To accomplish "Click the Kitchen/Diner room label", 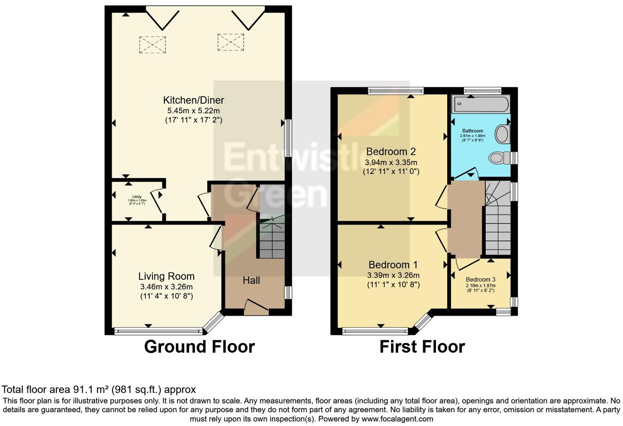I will [x=193, y=100].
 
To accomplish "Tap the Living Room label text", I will [x=166, y=276].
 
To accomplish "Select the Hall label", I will [x=251, y=281].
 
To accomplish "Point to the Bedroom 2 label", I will [x=391, y=152].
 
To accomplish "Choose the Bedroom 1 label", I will [x=393, y=265].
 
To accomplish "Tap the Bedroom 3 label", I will [x=480, y=280].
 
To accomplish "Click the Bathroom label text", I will [x=473, y=131].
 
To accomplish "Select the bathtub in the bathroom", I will [x=480, y=104].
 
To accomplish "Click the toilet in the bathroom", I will [x=499, y=158].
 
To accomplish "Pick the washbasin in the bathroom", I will [x=502, y=134].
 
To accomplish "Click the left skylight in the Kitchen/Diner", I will [x=152, y=45].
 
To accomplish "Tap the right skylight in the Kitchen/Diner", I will [x=230, y=42].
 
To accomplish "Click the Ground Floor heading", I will [x=199, y=347].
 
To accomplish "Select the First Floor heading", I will [x=422, y=347].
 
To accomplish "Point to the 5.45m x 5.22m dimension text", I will [x=193, y=111].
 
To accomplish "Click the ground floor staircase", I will [x=271, y=242].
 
